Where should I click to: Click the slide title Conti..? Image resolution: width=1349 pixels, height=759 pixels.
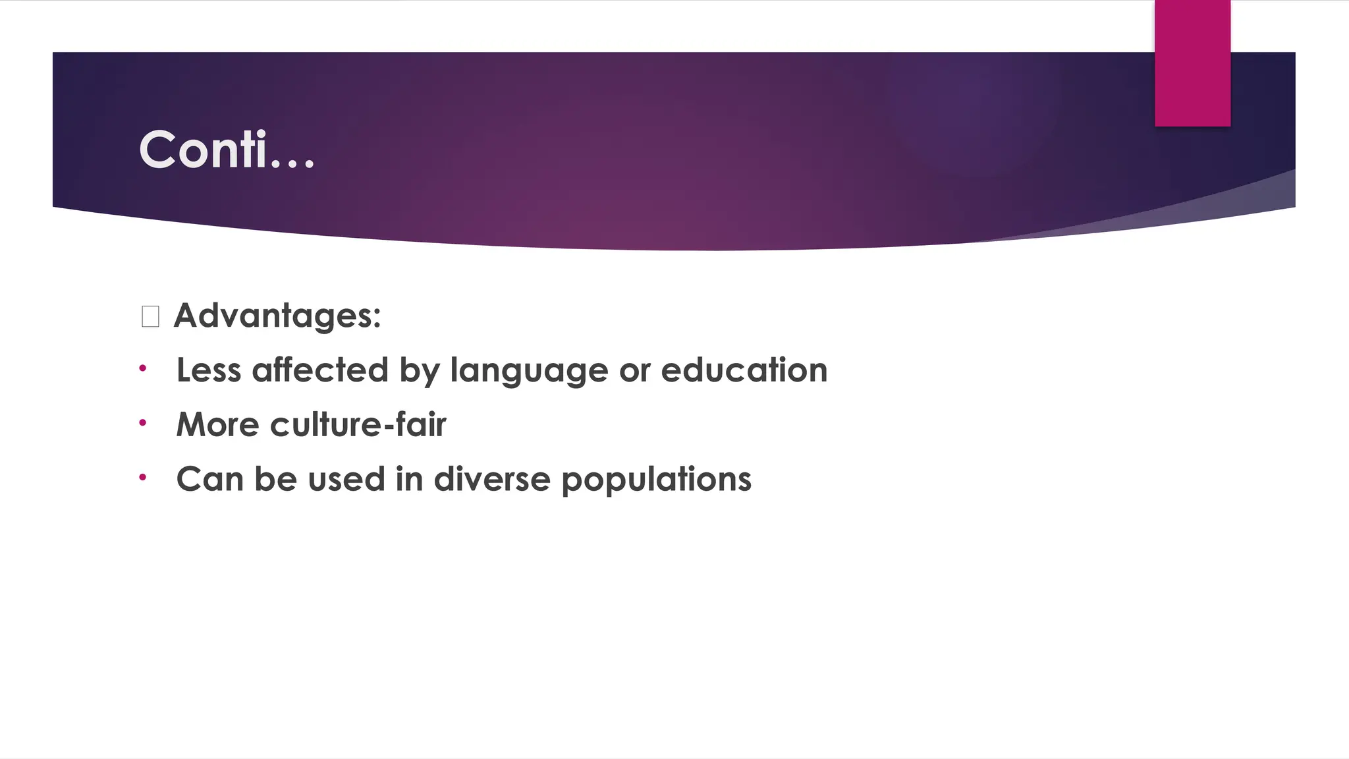coord(227,150)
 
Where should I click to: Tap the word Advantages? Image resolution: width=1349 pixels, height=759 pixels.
coord(277,316)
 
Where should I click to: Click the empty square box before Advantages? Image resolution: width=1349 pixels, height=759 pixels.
coord(150,317)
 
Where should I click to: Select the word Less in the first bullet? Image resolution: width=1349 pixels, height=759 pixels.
coord(209,370)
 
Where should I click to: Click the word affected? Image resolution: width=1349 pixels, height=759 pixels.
coord(320,370)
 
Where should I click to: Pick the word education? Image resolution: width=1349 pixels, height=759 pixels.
coord(744,370)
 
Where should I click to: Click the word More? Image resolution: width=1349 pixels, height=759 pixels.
coord(218,425)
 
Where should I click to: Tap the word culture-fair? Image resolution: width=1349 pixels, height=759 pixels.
coord(358,425)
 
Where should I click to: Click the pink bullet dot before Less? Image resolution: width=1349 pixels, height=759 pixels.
coord(142,368)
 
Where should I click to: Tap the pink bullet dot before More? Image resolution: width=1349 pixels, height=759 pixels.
coord(142,423)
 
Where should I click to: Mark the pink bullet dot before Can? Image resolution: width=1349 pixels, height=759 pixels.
coord(142,477)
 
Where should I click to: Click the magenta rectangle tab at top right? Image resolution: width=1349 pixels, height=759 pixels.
coord(1192,63)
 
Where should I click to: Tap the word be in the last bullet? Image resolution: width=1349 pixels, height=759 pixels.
coord(275,479)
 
